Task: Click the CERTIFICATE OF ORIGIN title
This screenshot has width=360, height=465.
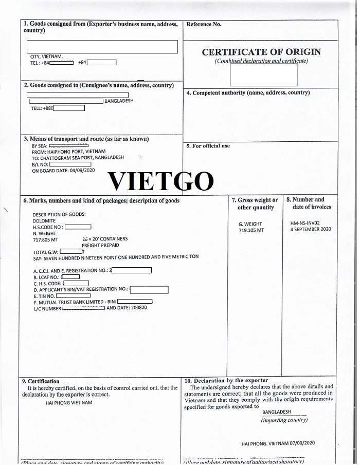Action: [x=261, y=52]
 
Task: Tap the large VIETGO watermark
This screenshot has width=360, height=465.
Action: [x=161, y=180]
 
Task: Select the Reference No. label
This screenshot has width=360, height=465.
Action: [x=204, y=24]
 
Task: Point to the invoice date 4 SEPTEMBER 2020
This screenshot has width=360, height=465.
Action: [x=311, y=229]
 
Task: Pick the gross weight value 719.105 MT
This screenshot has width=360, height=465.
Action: [x=251, y=230]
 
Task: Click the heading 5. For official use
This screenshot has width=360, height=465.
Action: [x=208, y=146]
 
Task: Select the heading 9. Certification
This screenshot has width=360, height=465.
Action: [x=41, y=381]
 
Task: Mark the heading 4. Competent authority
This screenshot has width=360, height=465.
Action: [x=248, y=93]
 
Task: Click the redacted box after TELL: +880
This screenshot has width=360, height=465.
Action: [x=69, y=108]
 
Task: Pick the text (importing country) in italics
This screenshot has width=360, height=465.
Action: [x=284, y=420]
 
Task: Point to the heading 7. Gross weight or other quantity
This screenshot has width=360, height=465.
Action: [x=255, y=203]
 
